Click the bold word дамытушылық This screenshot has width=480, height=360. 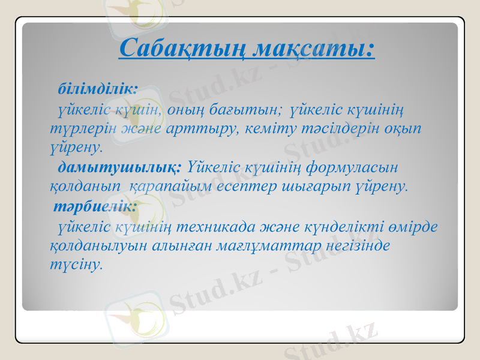click(x=119, y=165)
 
